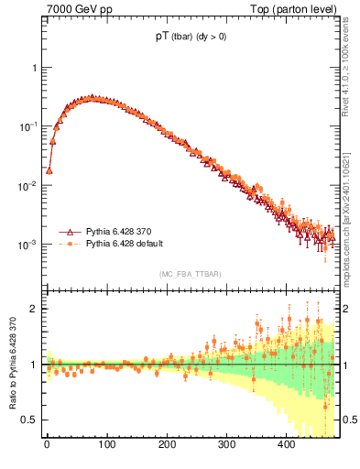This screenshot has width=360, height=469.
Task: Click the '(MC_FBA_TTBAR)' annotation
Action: pos(190,275)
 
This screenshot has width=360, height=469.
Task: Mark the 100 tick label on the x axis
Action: pos(106,445)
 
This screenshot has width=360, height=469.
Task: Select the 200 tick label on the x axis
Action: pos(167,445)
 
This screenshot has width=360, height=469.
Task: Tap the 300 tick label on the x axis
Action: pos(226,445)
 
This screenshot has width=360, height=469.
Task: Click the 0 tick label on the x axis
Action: pos(47,445)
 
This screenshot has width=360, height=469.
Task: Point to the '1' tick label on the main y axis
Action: pos(35,68)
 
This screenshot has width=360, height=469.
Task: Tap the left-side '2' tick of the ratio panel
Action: pos(35,309)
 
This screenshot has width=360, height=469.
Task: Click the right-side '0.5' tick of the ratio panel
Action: pos(348,420)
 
